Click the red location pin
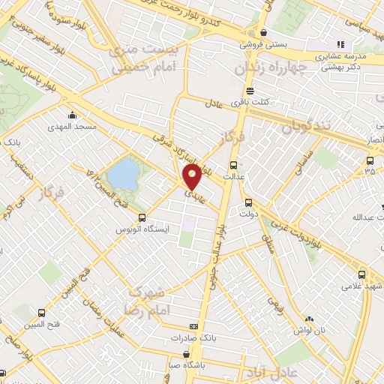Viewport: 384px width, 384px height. click(x=193, y=177)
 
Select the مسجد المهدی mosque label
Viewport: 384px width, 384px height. click(x=76, y=127)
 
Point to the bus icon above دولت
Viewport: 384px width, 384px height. click(x=248, y=202)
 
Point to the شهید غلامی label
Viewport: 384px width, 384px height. click(x=362, y=286)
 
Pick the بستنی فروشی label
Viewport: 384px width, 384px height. click(x=263, y=44)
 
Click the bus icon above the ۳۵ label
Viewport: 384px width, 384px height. click(x=368, y=160)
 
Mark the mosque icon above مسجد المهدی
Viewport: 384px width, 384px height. click(x=71, y=115)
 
